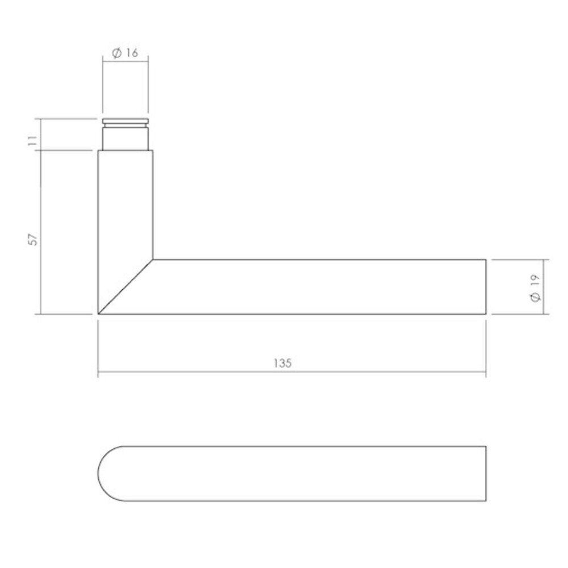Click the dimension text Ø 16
(126, 53)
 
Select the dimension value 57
(34, 239)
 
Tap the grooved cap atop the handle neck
(126, 122)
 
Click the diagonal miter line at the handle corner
(126, 287)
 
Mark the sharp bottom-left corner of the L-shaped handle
(99, 314)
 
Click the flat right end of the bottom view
(486, 473)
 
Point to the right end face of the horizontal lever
(486, 287)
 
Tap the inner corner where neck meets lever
(153, 260)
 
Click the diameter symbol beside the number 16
(115, 53)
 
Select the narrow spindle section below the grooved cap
(126, 138)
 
